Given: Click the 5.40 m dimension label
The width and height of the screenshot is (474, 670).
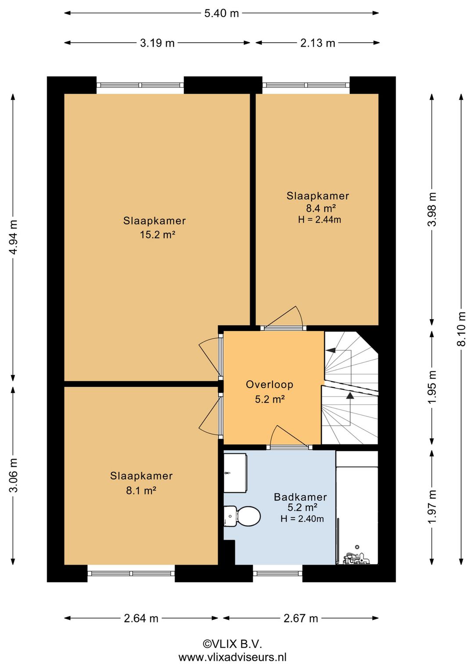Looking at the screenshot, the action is click(222, 14).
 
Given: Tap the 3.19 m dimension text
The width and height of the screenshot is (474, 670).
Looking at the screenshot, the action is click(157, 43).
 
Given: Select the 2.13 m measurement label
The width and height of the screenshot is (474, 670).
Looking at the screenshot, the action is click(318, 43).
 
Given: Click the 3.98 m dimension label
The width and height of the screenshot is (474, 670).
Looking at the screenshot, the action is click(432, 209).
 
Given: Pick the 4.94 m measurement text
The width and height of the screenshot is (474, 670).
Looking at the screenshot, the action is click(13, 237).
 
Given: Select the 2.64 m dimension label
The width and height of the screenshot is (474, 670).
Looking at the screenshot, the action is click(141, 618).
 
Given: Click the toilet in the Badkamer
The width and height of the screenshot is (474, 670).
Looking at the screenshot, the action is click(242, 515).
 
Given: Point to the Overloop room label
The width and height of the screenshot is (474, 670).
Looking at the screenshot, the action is click(269, 384).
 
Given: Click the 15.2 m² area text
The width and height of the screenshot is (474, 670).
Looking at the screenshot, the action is click(157, 235).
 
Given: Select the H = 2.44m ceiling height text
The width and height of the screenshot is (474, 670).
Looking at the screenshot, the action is click(320, 220).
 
